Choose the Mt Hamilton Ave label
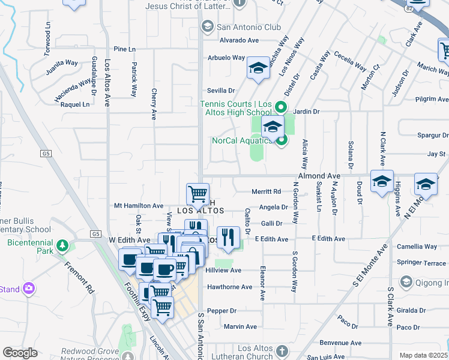(x=139, y=206)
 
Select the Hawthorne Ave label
(x=229, y=287)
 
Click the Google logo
(x=20, y=353)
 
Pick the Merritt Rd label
(x=267, y=191)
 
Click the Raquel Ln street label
(x=75, y=104)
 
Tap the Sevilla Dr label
(x=220, y=89)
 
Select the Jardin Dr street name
(x=307, y=112)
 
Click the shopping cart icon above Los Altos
(x=197, y=194)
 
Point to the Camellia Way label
(x=417, y=247)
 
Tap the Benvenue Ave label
(x=340, y=343)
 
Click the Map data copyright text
(x=424, y=355)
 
